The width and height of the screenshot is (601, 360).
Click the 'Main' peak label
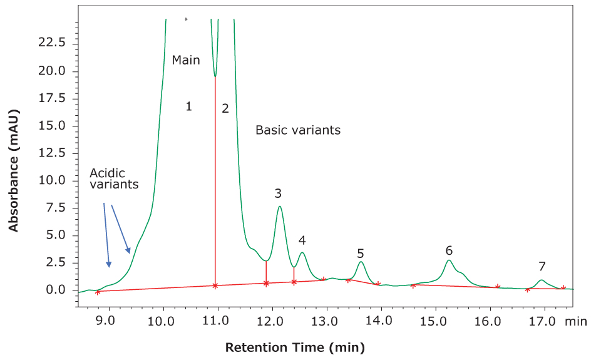click(x=186, y=60)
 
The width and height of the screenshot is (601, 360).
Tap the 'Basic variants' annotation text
click(x=298, y=130)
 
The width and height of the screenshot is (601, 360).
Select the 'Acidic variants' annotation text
click(x=114, y=178)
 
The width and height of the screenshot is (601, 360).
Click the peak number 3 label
click(x=278, y=193)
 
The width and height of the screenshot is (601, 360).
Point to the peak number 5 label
click(x=361, y=253)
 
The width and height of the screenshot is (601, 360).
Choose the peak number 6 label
click(x=449, y=250)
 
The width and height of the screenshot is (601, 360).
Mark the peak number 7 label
click(x=542, y=265)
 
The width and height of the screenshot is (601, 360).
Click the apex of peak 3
click(x=280, y=207)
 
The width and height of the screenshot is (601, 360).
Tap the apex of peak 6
click(x=449, y=260)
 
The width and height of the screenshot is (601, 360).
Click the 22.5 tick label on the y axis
click(x=53, y=43)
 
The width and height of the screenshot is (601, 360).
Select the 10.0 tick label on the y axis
click(x=53, y=180)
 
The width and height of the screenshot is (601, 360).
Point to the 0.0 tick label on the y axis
click(x=56, y=290)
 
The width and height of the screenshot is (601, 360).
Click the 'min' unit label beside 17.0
click(x=575, y=322)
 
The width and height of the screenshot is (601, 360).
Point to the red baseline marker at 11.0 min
click(x=215, y=285)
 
